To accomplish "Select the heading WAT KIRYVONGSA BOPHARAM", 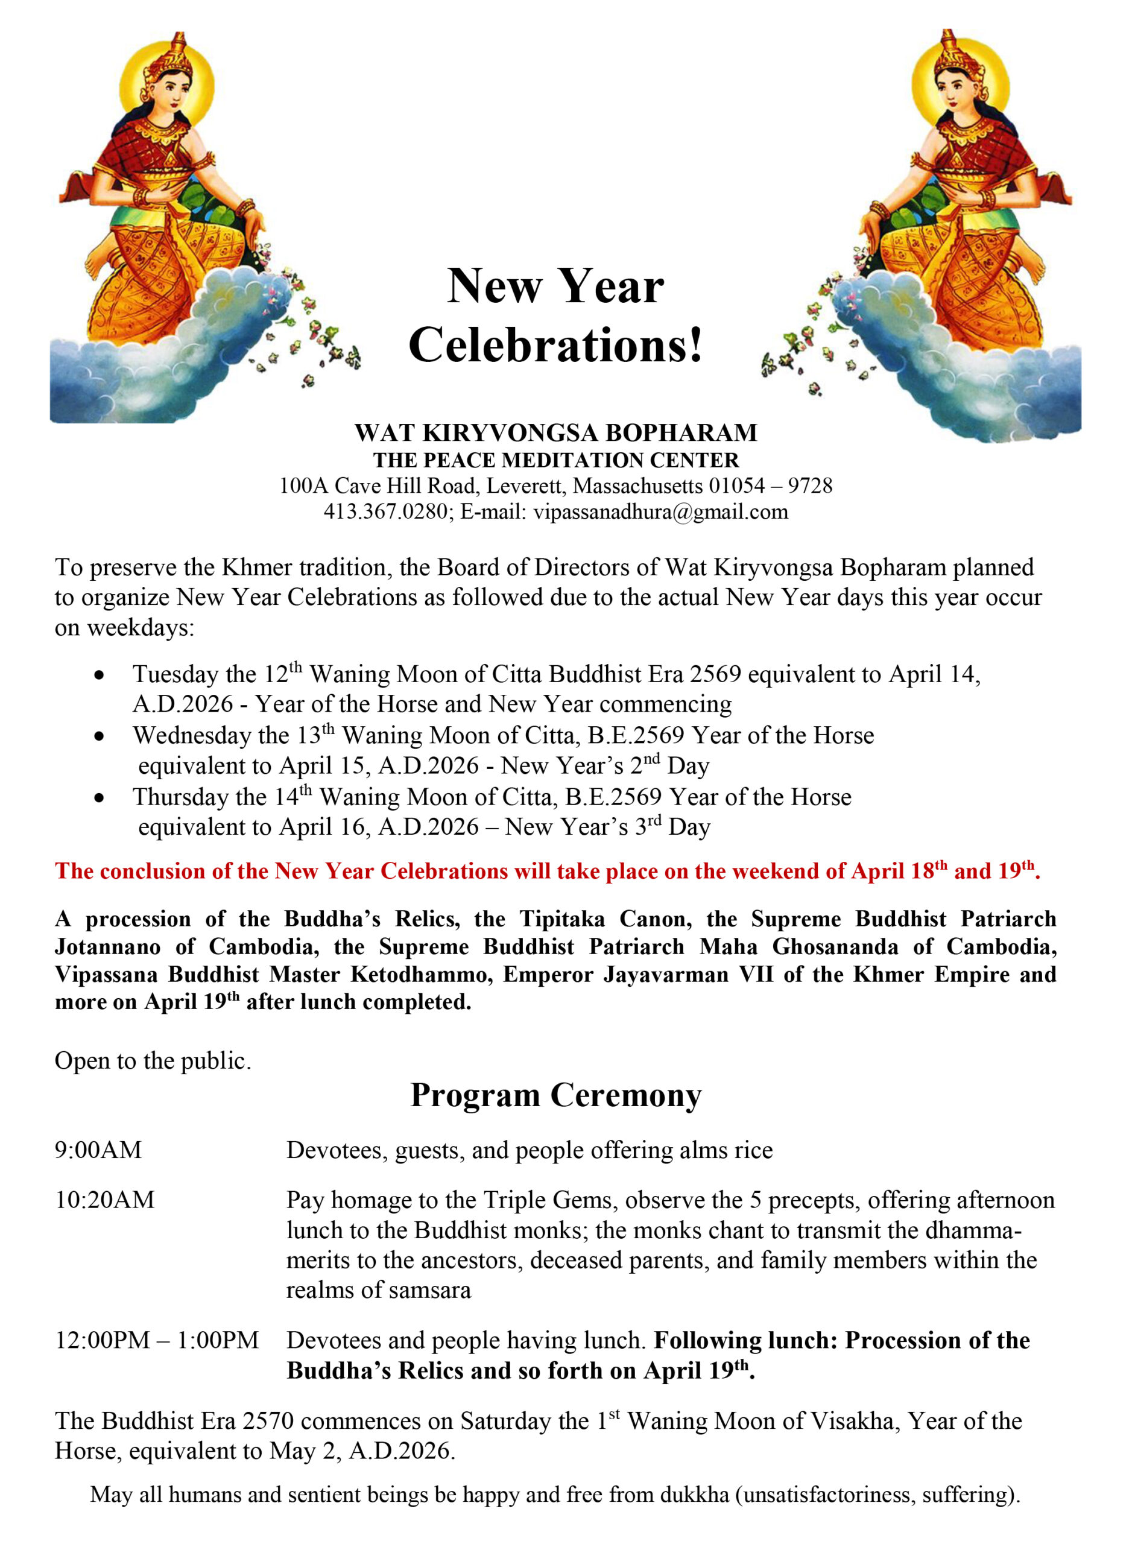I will [555, 432].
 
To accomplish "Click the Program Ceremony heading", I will [555, 1095].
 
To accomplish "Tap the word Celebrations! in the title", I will [555, 344].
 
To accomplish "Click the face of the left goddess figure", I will [168, 89].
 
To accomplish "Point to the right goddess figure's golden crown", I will [949, 51].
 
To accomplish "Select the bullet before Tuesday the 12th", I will [100, 675].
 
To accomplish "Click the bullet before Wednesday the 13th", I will [100, 736].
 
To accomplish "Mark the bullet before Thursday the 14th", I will [100, 798].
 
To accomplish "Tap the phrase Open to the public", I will [153, 1061].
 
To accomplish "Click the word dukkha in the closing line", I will [694, 1495].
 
